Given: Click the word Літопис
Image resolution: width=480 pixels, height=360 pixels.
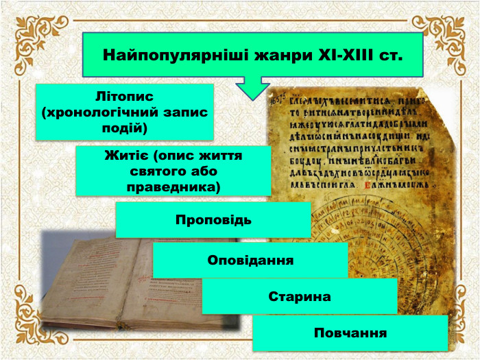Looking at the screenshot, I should pyautogui.click(x=125, y=96).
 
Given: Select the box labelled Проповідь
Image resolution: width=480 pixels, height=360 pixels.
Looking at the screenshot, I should pyautogui.click(x=213, y=221).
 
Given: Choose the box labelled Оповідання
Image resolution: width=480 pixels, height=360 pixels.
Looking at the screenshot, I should pyautogui.click(x=250, y=261).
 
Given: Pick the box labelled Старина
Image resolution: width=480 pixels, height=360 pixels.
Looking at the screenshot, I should pyautogui.click(x=300, y=297).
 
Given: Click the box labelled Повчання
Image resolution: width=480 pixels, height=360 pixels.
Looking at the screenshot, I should pyautogui.click(x=350, y=333).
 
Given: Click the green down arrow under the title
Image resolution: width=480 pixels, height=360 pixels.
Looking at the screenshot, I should pyautogui.click(x=253, y=87).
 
